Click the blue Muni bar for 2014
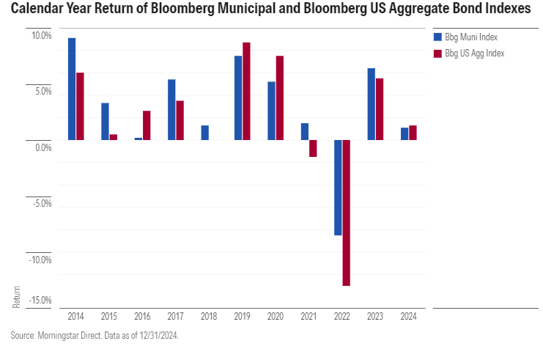[72, 89]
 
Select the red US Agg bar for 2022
[347, 213]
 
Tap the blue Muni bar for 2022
[338, 188]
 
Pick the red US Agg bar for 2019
[247, 91]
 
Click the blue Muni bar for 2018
[205, 133]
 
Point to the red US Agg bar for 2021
[313, 148]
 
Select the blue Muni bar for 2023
[372, 104]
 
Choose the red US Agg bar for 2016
[147, 125]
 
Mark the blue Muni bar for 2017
[171, 109]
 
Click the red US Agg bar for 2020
[280, 98]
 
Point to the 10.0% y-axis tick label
[41, 36]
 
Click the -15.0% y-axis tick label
[41, 300]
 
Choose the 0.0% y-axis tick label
[43, 148]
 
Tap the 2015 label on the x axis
[109, 317]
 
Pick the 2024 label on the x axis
[409, 317]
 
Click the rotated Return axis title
[17, 295]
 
